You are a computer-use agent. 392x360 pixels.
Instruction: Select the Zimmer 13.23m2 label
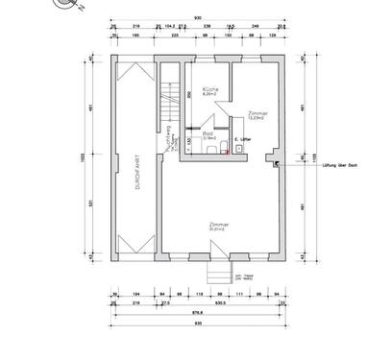click(x=257, y=113)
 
